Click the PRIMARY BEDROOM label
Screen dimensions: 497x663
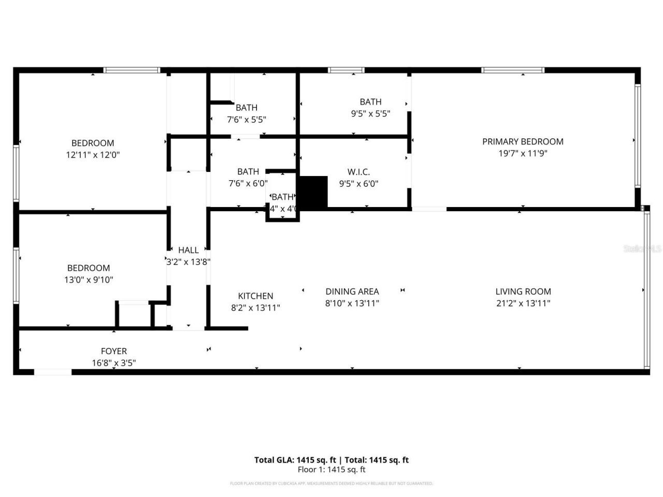tap(523, 141)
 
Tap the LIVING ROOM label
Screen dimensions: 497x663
tap(523, 291)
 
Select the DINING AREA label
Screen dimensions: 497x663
tap(352, 291)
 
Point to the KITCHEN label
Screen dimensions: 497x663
tap(255, 296)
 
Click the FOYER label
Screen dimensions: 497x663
tap(114, 352)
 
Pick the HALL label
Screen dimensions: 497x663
tap(189, 250)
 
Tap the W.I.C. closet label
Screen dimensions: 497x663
tap(358, 172)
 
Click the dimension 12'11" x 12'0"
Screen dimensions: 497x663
tap(93, 154)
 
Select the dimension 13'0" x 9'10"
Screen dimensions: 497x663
tap(89, 280)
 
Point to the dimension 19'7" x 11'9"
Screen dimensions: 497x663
tap(523, 153)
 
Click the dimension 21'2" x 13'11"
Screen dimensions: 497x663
tap(523, 303)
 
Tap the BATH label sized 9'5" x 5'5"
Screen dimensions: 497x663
tap(371, 102)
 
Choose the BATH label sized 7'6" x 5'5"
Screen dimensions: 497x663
tap(247, 108)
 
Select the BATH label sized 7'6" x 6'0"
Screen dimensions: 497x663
tap(248, 171)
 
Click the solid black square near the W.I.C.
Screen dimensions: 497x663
tap(314, 192)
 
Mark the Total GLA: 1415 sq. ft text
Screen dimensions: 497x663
tap(295, 460)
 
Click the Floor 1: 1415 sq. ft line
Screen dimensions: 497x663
tap(331, 470)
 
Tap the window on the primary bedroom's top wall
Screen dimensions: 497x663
tap(513, 70)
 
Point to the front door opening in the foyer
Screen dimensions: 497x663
tap(53, 372)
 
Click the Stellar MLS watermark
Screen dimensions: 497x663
tap(642, 248)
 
